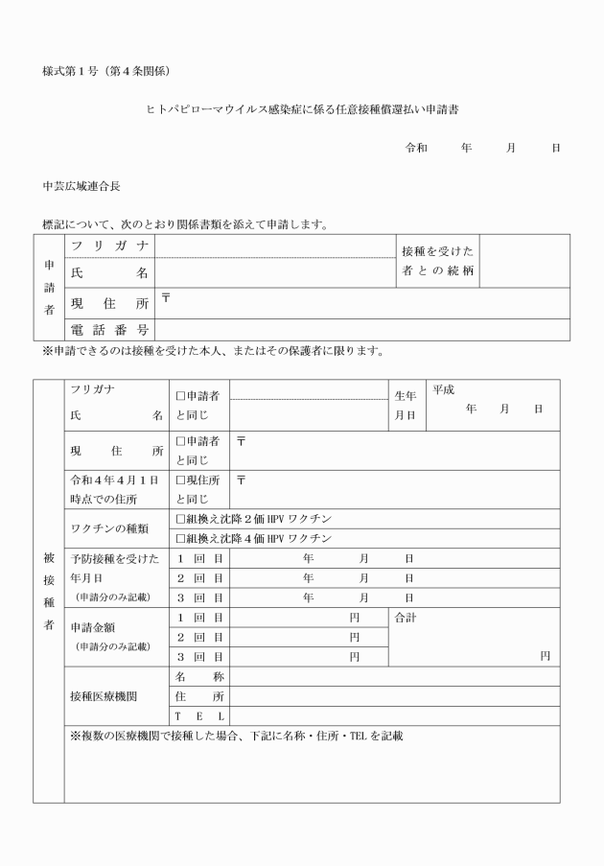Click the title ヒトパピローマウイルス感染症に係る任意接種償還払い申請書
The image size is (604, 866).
pos(301,110)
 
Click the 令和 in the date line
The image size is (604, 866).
pos(416,150)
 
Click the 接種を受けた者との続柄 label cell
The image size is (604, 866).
pos(436,260)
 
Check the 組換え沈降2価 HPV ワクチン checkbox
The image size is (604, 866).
pos(180,519)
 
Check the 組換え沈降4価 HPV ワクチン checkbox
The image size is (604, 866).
pos(180,538)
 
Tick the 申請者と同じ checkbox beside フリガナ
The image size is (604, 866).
pos(180,395)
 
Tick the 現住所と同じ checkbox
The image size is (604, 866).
pos(180,479)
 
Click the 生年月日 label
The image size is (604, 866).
pos(406,405)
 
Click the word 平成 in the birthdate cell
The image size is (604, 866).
pos(443,390)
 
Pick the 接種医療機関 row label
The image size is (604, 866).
pos(109,696)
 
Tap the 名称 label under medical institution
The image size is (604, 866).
pos(199,677)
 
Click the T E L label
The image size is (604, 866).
pos(199,716)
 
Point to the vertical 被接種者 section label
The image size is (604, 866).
pos(49,591)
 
